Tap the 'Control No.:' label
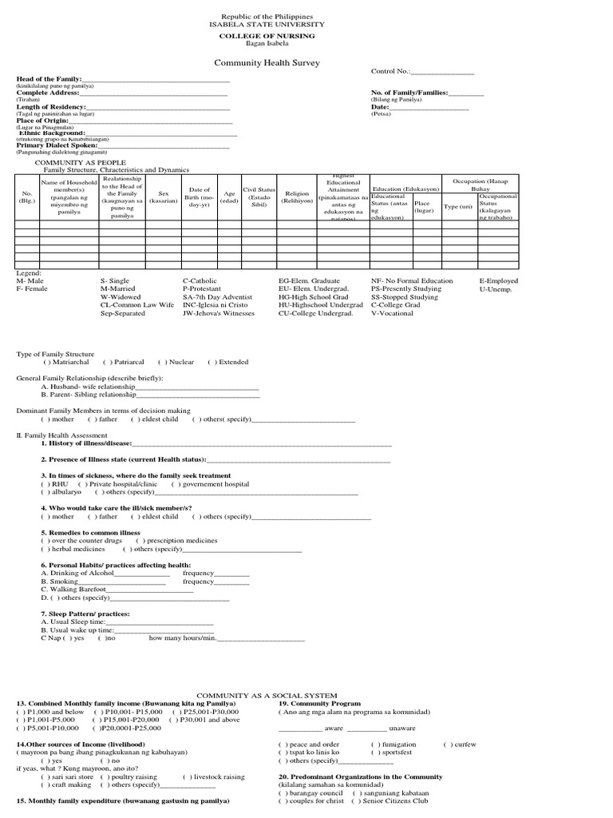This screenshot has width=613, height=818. click(390, 72)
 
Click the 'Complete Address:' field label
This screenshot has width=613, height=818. click(45, 93)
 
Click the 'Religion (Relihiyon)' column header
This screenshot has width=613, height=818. click(297, 197)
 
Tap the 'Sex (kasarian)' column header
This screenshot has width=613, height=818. click(163, 197)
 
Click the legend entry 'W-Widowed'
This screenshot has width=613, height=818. click(121, 297)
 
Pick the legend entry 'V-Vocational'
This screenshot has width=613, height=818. click(393, 313)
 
